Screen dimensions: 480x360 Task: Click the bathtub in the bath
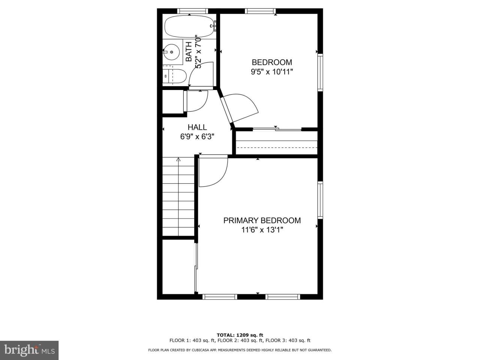tap(190, 27)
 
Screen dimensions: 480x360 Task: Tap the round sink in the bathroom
tap(172, 52)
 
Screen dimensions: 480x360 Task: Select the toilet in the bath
tap(175, 76)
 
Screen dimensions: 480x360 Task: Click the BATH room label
tap(189, 52)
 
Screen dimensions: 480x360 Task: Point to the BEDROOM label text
tap(272, 62)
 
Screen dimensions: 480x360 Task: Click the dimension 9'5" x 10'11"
tap(272, 72)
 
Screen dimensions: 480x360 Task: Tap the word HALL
tap(197, 127)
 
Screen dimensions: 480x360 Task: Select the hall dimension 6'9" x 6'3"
tap(197, 137)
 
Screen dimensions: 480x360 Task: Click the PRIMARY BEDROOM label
tap(262, 220)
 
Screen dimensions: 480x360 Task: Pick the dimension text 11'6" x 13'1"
tap(262, 230)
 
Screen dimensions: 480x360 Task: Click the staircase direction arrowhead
tap(178, 159)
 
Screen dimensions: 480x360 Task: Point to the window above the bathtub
tap(192, 11)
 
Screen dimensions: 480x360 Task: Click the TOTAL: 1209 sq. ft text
tap(240, 335)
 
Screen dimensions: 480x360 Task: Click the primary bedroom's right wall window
tap(320, 200)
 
